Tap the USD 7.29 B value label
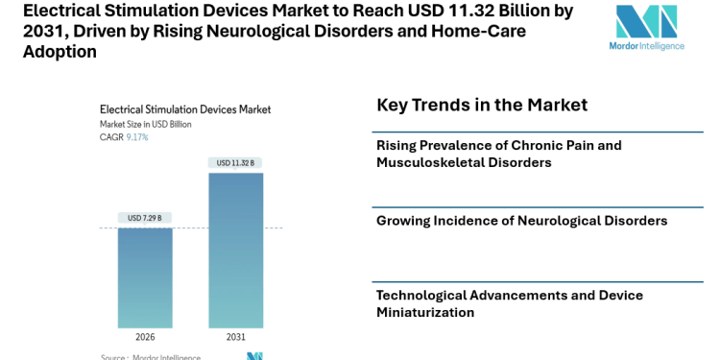pyautogui.click(x=145, y=218)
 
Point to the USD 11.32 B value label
pyautogui.click(x=235, y=163)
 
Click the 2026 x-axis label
pyautogui.click(x=145, y=337)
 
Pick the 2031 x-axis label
pyautogui.click(x=235, y=337)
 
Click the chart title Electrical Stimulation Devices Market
pyautogui.click(x=185, y=109)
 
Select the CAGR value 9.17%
pyautogui.click(x=137, y=137)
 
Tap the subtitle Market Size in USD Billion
pyautogui.click(x=146, y=124)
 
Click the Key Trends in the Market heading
pyautogui.click(x=482, y=105)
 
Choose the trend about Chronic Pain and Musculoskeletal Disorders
pyautogui.click(x=499, y=154)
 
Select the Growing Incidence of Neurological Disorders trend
pyautogui.click(x=521, y=221)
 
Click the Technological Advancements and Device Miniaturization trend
pyautogui.click(x=509, y=303)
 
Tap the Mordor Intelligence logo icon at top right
pyautogui.click(x=646, y=21)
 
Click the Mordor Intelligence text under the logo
pyautogui.click(x=647, y=46)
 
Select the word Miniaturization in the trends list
pyautogui.click(x=425, y=312)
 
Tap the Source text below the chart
pyautogui.click(x=151, y=357)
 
